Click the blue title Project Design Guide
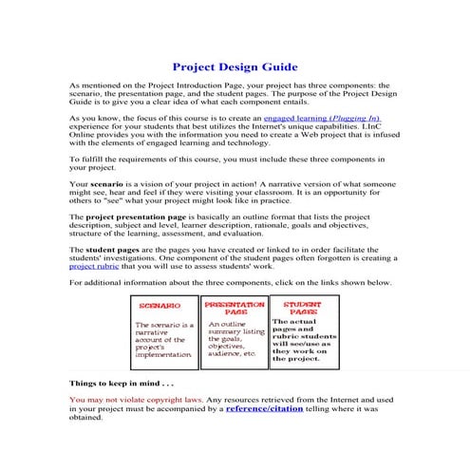point(235,67)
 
